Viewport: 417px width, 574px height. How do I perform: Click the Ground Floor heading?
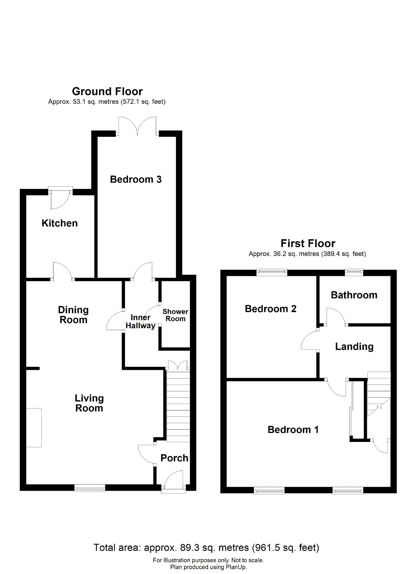[x=107, y=92]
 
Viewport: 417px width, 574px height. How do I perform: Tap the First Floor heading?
[x=308, y=243]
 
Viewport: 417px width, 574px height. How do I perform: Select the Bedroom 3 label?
[x=136, y=179]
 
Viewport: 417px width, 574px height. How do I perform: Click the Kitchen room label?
[x=59, y=223]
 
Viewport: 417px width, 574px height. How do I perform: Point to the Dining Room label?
[x=73, y=315]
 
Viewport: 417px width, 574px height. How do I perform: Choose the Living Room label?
[x=89, y=403]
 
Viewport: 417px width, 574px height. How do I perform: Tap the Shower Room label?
[x=175, y=315]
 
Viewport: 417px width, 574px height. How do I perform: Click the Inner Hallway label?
[x=140, y=322]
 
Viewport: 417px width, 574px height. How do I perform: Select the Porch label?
[x=174, y=458]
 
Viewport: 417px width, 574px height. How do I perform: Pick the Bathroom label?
[x=354, y=295]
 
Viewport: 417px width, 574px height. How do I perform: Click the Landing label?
[x=354, y=347]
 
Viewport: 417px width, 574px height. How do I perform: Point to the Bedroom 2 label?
[x=270, y=309]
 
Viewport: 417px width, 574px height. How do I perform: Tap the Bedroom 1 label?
[x=293, y=430]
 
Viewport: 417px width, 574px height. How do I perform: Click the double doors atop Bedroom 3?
[x=137, y=127]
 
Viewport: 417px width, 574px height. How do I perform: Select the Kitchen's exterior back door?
[x=60, y=198]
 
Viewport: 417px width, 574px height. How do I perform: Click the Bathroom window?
[x=354, y=272]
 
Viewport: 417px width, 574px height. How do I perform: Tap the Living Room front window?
[x=90, y=488]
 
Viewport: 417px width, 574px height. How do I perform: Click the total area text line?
[x=206, y=548]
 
